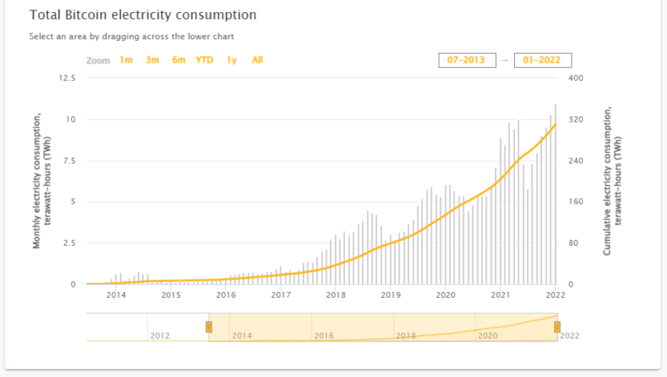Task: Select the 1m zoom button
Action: click(x=126, y=60)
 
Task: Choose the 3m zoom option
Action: click(x=152, y=60)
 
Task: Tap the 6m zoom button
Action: click(x=178, y=60)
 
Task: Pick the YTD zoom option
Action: click(x=204, y=60)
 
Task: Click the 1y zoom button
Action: click(x=231, y=60)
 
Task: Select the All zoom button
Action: click(x=257, y=60)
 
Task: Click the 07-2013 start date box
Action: click(x=467, y=60)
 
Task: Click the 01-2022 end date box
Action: click(x=542, y=60)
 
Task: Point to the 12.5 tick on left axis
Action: click(x=67, y=78)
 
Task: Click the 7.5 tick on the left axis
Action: click(x=69, y=161)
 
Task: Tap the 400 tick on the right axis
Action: click(x=575, y=78)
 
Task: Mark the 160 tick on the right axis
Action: click(x=575, y=202)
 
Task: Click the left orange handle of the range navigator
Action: click(x=208, y=327)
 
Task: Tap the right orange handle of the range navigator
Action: click(x=557, y=327)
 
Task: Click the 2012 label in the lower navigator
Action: click(x=160, y=334)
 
